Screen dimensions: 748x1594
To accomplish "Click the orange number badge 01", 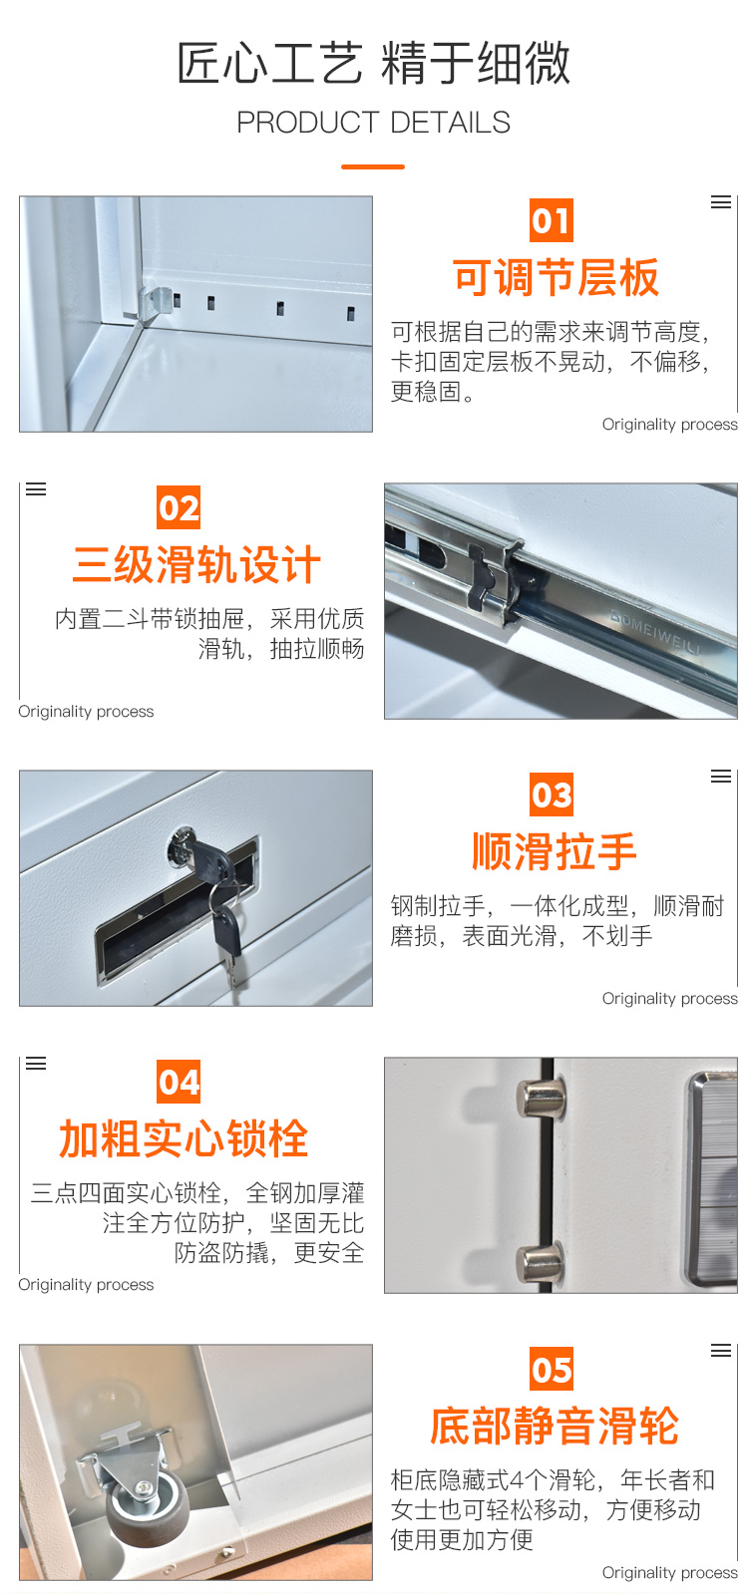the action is (552, 220).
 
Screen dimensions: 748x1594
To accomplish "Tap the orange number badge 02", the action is (179, 507).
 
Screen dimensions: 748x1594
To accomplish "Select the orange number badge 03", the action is (552, 795).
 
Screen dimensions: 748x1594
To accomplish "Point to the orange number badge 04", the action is (179, 1082).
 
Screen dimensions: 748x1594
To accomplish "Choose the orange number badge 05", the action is (552, 1369).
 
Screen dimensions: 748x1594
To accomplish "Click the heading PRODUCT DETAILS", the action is (374, 123).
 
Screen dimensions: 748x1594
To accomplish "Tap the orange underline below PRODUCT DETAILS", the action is (373, 167).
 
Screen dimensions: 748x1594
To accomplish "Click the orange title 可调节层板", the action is (556, 277).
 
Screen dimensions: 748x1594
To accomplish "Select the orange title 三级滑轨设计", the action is (196, 565).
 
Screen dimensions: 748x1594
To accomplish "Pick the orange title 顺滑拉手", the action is (555, 851).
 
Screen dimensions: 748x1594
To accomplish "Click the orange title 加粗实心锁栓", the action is (184, 1138).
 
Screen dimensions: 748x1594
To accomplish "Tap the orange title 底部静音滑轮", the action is (555, 1427).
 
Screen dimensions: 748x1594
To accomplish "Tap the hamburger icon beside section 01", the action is (721, 202).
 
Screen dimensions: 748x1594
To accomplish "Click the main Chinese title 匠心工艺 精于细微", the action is (374, 63).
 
